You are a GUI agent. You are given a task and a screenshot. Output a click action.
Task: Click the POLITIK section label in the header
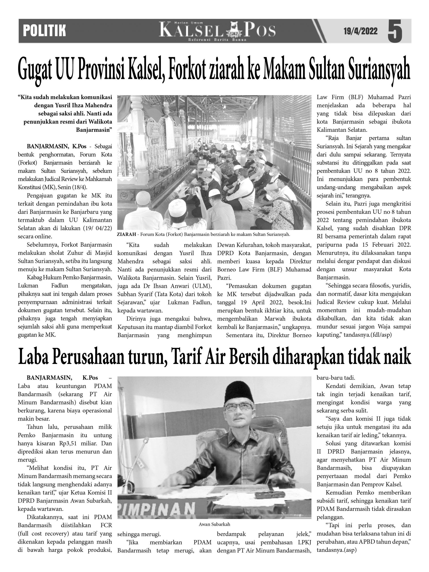(x=44, y=31)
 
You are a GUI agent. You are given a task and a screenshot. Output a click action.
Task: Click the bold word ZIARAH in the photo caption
(x=126, y=235)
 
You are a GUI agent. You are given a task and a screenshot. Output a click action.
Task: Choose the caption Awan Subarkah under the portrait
(x=214, y=524)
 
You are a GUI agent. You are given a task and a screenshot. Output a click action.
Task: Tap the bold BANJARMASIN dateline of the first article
(x=48, y=146)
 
